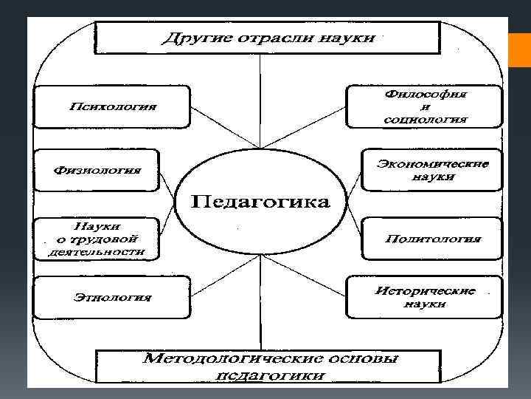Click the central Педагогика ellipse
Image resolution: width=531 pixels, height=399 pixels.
pyautogui.click(x=260, y=202)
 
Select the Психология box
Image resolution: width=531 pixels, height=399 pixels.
pyautogui.click(x=113, y=106)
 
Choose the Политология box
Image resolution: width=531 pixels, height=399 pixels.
pyautogui.click(x=433, y=239)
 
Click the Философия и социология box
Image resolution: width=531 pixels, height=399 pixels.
pyautogui.click(x=426, y=106)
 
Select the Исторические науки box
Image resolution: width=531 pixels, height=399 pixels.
pyautogui.click(x=426, y=297)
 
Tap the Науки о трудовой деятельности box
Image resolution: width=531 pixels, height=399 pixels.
pyautogui.click(x=96, y=238)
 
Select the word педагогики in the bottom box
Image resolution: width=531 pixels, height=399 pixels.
pyautogui.click(x=271, y=376)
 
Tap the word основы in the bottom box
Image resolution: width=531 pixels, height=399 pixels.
pyautogui.click(x=362, y=359)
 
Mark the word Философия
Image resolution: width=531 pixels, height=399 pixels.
pyautogui.click(x=426, y=95)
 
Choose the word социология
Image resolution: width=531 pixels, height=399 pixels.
pyautogui.click(x=426, y=118)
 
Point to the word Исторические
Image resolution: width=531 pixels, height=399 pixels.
pyautogui.click(x=426, y=290)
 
